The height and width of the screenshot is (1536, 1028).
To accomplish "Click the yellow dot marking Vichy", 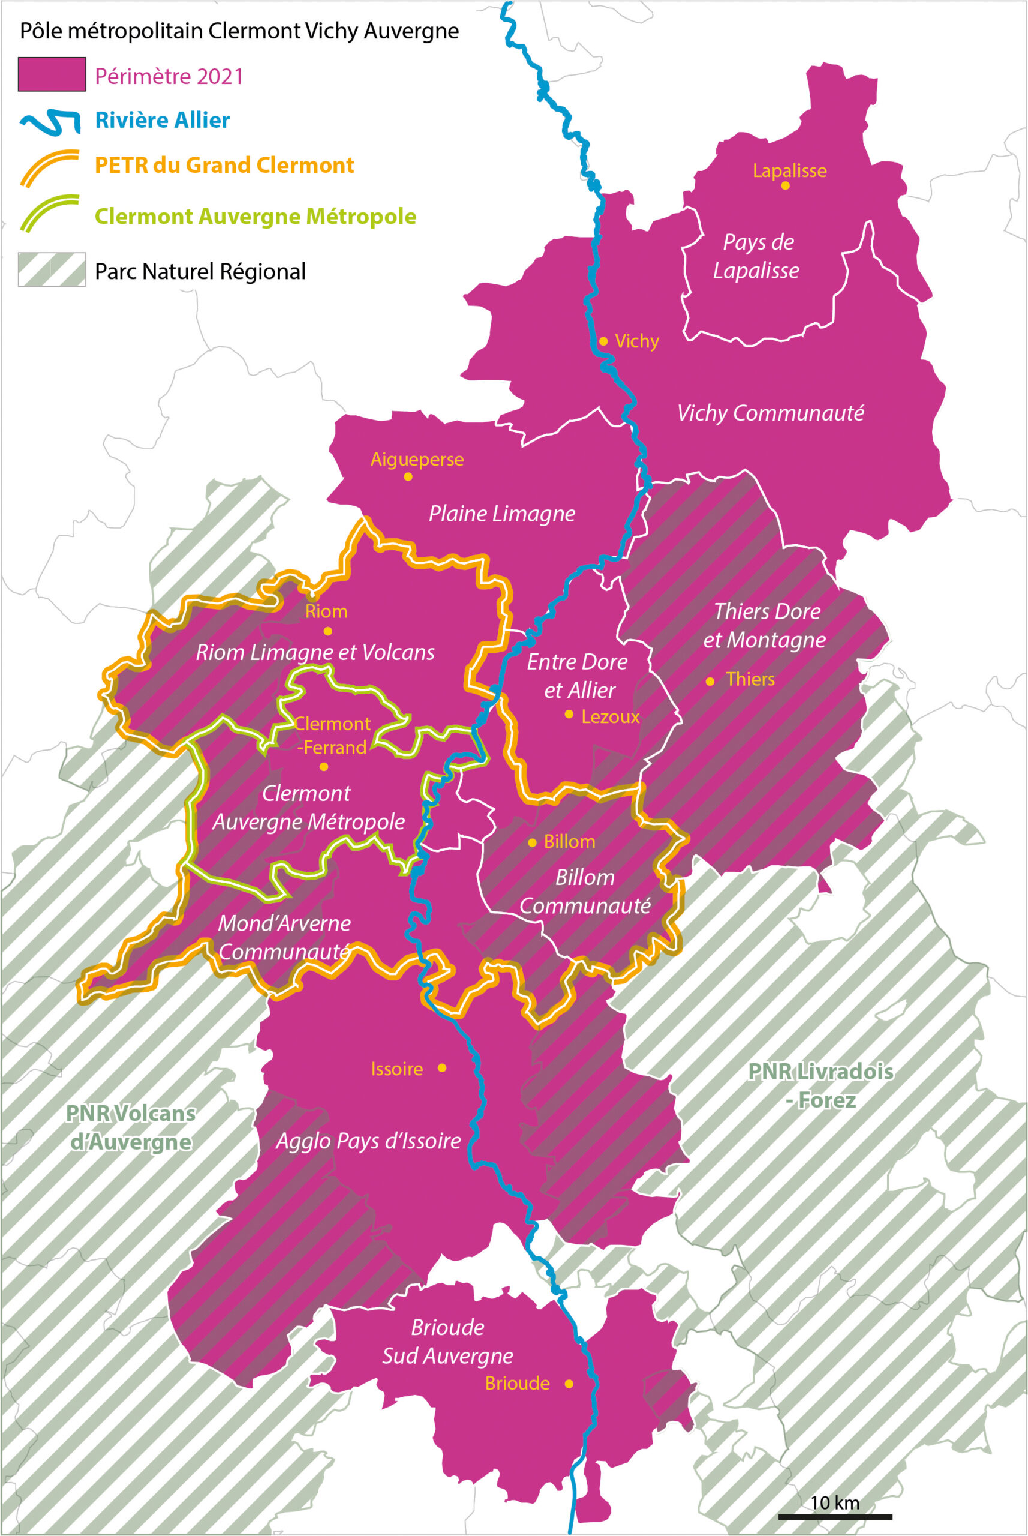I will click(x=603, y=341).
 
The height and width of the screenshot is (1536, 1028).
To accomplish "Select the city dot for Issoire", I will click(x=442, y=1068).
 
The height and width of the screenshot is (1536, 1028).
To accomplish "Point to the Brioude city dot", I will click(x=569, y=1383).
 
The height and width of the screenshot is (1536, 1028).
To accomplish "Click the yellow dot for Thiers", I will click(x=710, y=682).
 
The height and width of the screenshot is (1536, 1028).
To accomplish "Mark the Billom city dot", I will click(x=533, y=843).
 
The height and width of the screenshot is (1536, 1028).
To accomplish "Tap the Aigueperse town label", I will click(x=417, y=459).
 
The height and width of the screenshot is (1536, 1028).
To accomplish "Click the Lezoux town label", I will click(x=610, y=716).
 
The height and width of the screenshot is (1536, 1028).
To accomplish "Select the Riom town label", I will click(x=326, y=611).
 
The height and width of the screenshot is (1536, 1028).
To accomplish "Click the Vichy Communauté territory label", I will click(x=770, y=413).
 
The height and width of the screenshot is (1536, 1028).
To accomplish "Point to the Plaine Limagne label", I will click(x=501, y=514).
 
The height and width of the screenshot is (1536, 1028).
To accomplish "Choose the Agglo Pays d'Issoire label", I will click(x=368, y=1141).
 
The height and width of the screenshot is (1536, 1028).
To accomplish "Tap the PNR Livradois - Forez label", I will click(x=820, y=1085).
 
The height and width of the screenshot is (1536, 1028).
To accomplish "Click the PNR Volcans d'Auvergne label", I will click(x=131, y=1127).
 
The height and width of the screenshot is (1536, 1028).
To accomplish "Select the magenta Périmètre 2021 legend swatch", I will click(x=52, y=74).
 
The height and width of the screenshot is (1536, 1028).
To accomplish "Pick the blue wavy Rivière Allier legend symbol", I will click(x=50, y=122).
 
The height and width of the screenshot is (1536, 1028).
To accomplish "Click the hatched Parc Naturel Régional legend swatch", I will click(x=52, y=269).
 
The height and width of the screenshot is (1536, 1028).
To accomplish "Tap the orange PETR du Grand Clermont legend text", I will click(x=224, y=164).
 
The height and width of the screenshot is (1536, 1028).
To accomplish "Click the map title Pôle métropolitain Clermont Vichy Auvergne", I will click(x=239, y=31).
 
